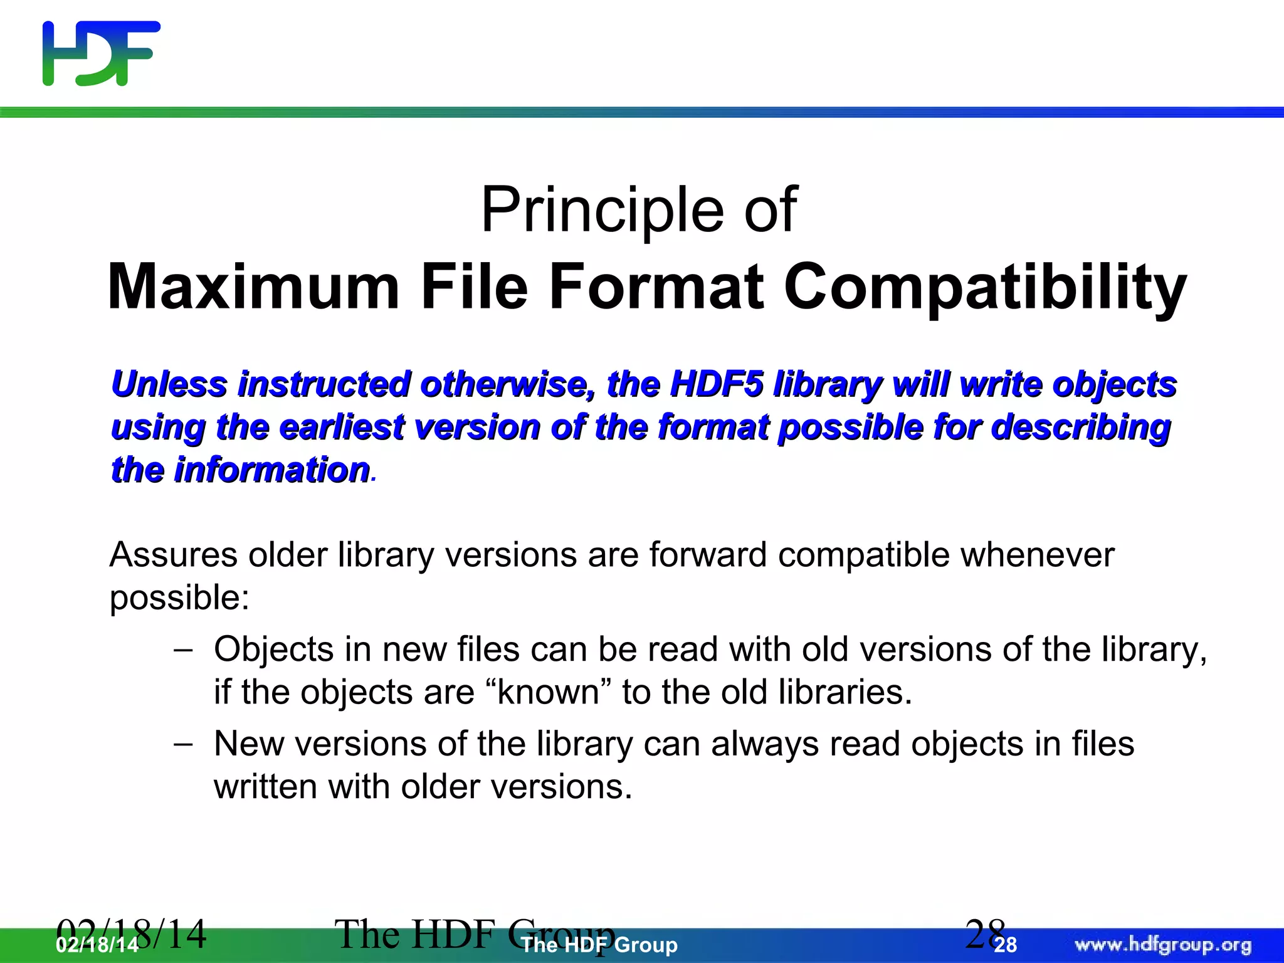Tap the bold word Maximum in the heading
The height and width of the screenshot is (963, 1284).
pos(253,287)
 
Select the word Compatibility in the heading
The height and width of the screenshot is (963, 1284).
pos(985,287)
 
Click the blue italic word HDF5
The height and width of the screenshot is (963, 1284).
pos(717,384)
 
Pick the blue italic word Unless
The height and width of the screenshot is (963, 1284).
pos(169,384)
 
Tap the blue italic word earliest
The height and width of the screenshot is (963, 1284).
pos(341,428)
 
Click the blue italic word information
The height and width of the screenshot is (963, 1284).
pos(271,470)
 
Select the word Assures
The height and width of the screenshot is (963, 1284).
pos(174,555)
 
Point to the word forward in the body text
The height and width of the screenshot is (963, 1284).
pos(708,555)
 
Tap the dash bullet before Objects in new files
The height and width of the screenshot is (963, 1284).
pos(182,650)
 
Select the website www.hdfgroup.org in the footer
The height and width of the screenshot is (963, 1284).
pos(1163,945)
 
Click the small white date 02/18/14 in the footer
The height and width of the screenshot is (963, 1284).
pos(97,945)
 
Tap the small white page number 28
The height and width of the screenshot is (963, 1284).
pos(1006,945)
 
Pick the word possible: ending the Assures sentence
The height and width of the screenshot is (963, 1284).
pos(179,598)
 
